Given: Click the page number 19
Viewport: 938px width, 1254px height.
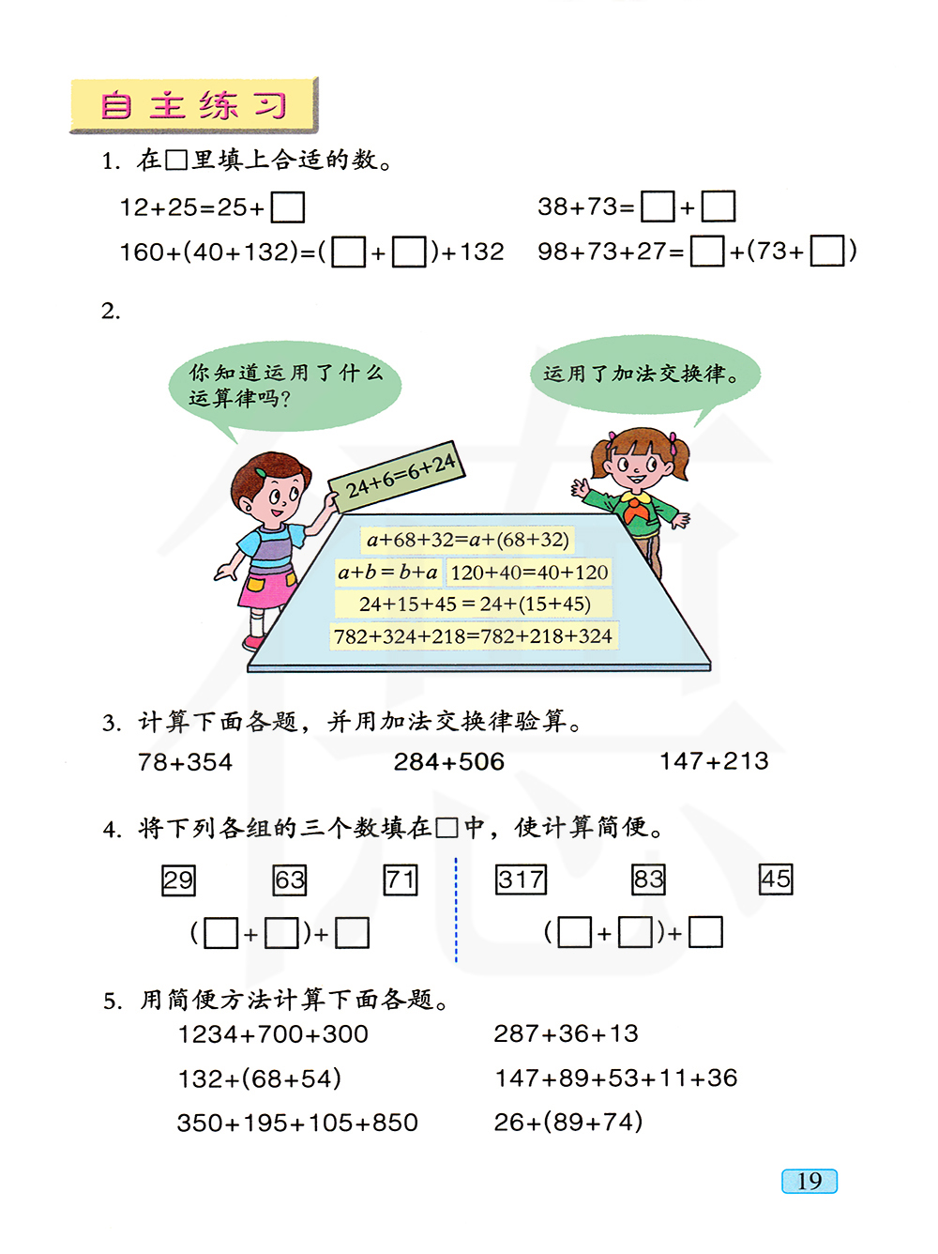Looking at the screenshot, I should point(809,1181).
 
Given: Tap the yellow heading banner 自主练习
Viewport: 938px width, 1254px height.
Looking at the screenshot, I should point(193,105).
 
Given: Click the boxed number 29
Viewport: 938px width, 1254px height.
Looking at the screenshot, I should point(178,880).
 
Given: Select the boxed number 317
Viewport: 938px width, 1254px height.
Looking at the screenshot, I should point(521,879).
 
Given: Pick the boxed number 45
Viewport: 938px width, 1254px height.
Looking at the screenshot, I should point(776,879).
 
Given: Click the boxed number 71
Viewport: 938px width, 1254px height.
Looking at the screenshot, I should point(401,879).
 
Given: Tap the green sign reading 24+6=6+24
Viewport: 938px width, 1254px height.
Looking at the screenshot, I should point(399,477).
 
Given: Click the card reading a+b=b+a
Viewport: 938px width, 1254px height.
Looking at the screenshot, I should point(387,572).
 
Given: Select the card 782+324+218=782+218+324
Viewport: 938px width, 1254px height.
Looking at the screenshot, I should point(473,636).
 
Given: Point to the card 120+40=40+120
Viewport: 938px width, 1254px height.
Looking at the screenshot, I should point(529,572).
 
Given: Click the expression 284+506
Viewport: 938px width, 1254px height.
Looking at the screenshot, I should point(448,761).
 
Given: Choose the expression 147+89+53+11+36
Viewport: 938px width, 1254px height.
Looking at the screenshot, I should point(615,1078).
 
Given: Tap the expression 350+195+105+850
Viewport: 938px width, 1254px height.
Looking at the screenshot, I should point(297,1123).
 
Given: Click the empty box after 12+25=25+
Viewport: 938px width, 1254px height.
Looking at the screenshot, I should point(287,207).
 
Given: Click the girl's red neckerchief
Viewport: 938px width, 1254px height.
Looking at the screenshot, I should point(637,510).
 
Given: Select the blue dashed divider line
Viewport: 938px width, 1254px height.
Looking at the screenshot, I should point(456,909).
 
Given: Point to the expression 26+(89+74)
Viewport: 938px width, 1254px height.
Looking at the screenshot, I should point(567,1122).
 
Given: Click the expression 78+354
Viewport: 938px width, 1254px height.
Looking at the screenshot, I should point(185,762).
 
